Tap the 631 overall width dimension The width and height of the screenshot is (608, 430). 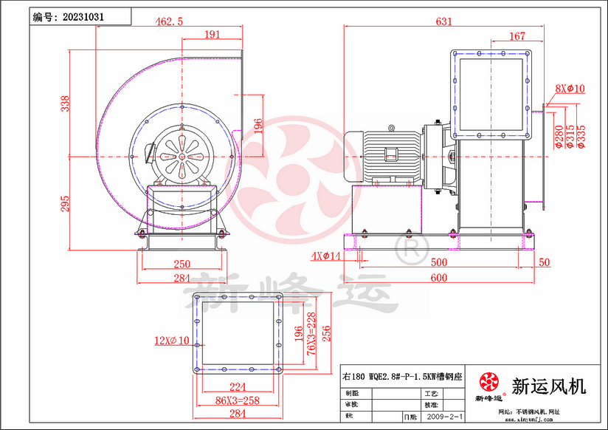[443, 21]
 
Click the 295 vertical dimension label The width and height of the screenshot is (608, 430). [65, 203]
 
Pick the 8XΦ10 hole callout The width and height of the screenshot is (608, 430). [570, 89]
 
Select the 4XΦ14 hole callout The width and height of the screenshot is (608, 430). [324, 256]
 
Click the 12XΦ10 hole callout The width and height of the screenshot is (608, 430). [171, 341]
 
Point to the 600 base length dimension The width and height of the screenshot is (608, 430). [439, 278]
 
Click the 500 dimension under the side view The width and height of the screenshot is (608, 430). [439, 262]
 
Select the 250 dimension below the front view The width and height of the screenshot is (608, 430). [182, 264]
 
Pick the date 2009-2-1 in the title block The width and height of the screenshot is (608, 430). [441, 417]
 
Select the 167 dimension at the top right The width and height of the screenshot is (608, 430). [517, 35]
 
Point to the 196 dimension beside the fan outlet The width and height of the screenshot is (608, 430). [258, 126]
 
